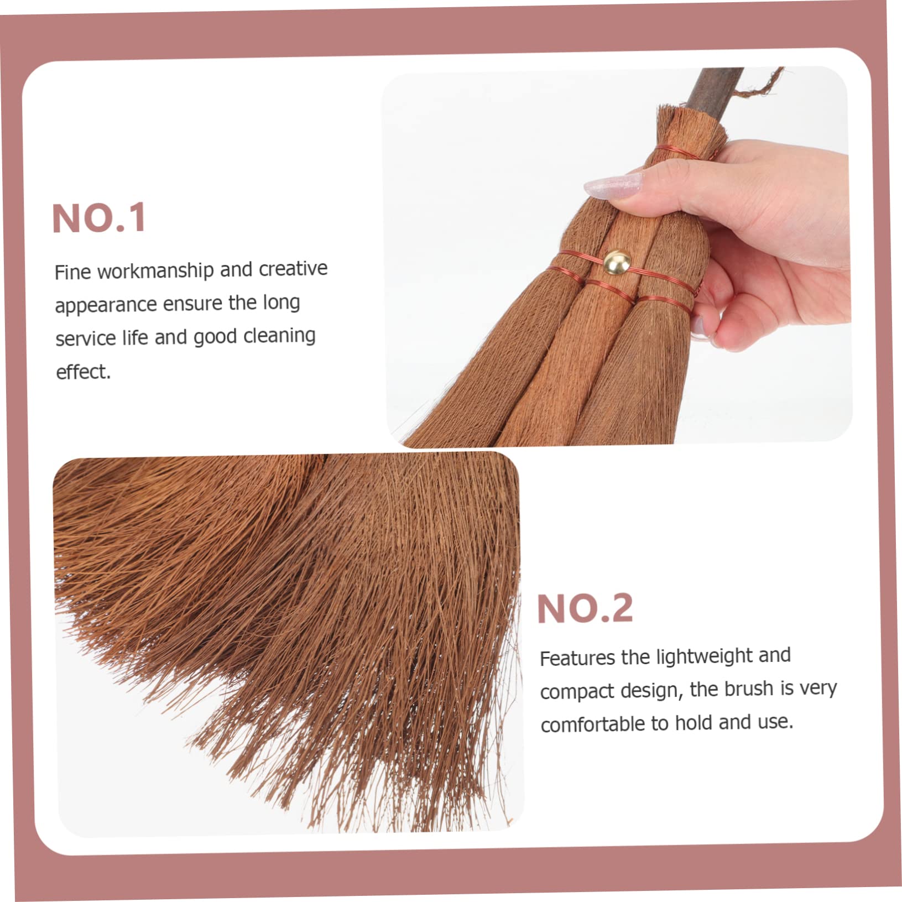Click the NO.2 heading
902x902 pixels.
pos(585,608)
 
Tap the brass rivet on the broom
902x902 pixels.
pos(614,262)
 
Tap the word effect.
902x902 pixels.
pos(83,372)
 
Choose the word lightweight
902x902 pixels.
pos(703,656)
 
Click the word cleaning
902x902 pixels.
pos(279,336)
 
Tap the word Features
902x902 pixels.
pos(577,658)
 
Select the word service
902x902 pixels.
pos(85,338)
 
